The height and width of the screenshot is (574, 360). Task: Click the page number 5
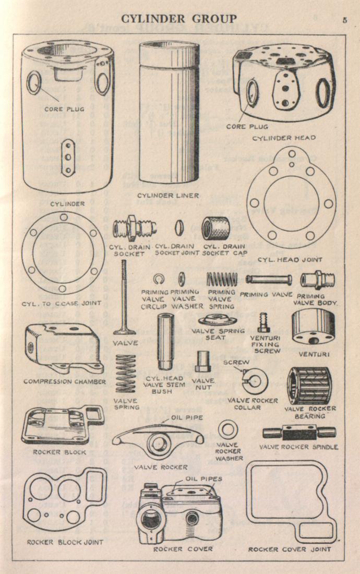pyautogui.click(x=345, y=20)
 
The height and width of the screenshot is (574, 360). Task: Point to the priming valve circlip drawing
pyautogui.click(x=159, y=278)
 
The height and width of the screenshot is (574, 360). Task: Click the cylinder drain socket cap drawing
pyautogui.click(x=216, y=228)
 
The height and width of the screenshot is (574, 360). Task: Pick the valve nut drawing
pyautogui.click(x=202, y=362)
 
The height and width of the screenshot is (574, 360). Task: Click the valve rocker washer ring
pyautogui.click(x=228, y=430)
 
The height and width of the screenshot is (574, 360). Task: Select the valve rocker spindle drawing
pyautogui.click(x=299, y=433)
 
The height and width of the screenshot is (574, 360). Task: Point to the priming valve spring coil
pyautogui.click(x=222, y=279)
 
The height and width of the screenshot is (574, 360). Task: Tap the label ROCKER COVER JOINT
pyautogui.click(x=289, y=549)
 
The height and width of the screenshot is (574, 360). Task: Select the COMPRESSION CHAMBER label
pyautogui.click(x=64, y=381)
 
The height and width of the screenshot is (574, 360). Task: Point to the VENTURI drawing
pyautogui.click(x=312, y=327)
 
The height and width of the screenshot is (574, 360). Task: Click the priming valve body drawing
pyautogui.click(x=317, y=279)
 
